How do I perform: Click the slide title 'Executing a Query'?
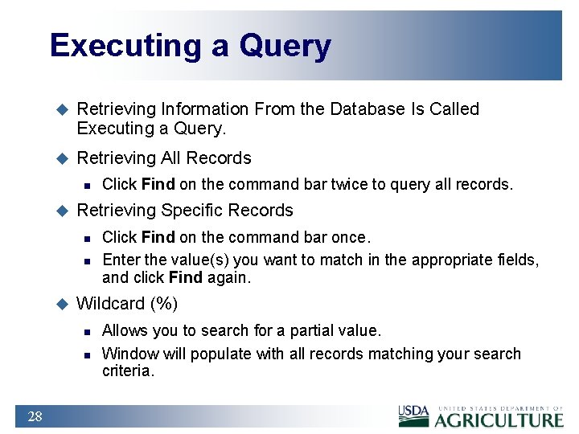(x=190, y=46)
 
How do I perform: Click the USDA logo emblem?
(x=414, y=416)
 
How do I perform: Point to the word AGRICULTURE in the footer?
(x=499, y=420)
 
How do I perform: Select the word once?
(x=350, y=237)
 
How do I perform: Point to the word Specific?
(x=190, y=211)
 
